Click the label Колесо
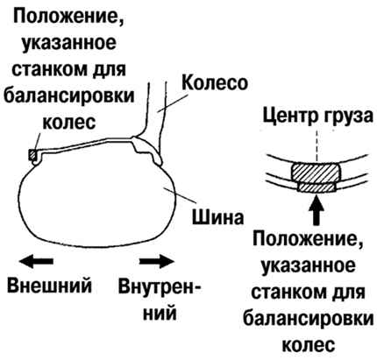[x=215, y=82]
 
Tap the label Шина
[x=217, y=217]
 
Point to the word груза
[x=348, y=117]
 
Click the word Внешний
[x=49, y=286]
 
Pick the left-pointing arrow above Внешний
[x=36, y=260]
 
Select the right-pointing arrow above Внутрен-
[x=157, y=260]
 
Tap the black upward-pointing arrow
[x=317, y=210]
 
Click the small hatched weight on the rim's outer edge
[x=32, y=155]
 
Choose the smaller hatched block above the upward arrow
[x=316, y=187]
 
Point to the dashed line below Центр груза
[x=317, y=145]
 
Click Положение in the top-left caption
[x=68, y=18]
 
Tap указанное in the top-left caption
[x=69, y=44]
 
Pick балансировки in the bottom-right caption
[x=309, y=319]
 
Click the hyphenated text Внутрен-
[x=160, y=286]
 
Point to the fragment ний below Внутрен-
[x=160, y=313]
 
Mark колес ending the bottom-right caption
[x=309, y=344]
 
